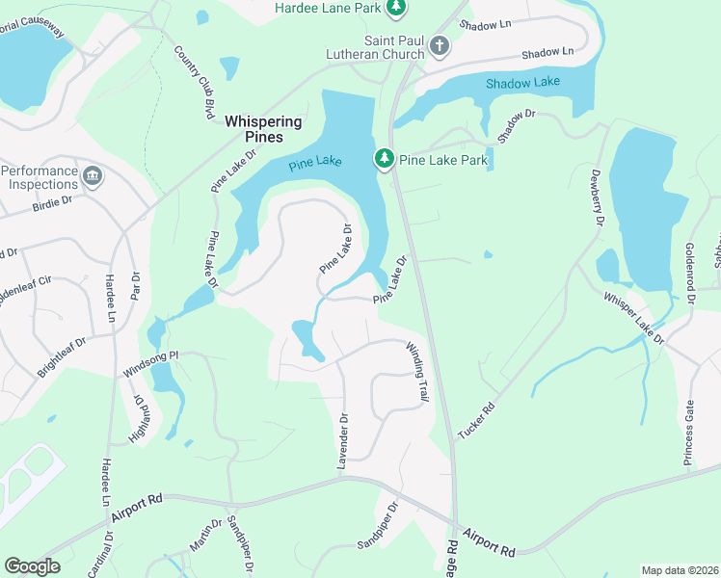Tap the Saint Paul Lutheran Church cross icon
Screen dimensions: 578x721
(x=439, y=45)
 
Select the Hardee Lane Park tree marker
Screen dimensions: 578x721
(x=395, y=8)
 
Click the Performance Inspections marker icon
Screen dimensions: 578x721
(x=93, y=174)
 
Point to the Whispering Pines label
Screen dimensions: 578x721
(x=263, y=129)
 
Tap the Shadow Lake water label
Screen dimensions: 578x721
(x=521, y=84)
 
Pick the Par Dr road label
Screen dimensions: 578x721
(x=135, y=286)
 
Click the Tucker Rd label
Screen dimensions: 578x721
(x=476, y=421)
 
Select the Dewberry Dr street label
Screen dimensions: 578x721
(x=597, y=198)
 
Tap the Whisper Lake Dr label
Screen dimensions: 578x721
(x=634, y=319)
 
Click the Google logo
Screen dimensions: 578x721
(x=32, y=566)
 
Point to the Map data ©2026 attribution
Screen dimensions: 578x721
(x=680, y=570)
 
